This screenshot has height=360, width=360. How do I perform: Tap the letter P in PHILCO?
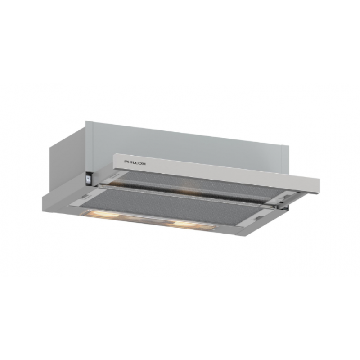[126, 162]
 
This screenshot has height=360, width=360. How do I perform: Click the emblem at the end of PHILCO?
[144, 163]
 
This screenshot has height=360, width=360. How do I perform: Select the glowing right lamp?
[185, 224]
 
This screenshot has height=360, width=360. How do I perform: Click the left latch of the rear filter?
[114, 175]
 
